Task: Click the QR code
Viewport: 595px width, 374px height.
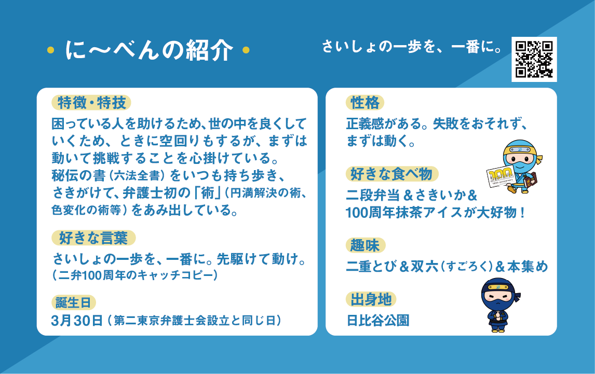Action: (x=534, y=59)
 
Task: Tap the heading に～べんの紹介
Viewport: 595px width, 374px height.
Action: (x=148, y=50)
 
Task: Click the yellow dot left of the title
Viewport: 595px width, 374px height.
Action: (x=50, y=50)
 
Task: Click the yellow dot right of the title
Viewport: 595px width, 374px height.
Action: (x=246, y=50)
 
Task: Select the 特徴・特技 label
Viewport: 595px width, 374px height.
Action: (x=91, y=103)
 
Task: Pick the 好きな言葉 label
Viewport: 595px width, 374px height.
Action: (x=93, y=238)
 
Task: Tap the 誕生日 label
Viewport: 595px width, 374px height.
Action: (x=74, y=303)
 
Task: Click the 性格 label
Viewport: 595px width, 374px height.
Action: (x=365, y=103)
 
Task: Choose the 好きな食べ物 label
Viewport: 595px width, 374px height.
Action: (x=392, y=174)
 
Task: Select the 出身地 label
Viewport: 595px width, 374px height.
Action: (x=371, y=299)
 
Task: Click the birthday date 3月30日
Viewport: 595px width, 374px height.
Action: (x=77, y=321)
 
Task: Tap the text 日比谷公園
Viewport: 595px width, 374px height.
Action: (x=378, y=321)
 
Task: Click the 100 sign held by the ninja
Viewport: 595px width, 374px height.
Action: (x=501, y=176)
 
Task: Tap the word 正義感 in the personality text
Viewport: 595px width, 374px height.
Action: (x=365, y=123)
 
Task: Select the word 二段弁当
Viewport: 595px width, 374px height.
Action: (x=373, y=195)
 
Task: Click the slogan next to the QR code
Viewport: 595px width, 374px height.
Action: (x=412, y=47)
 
